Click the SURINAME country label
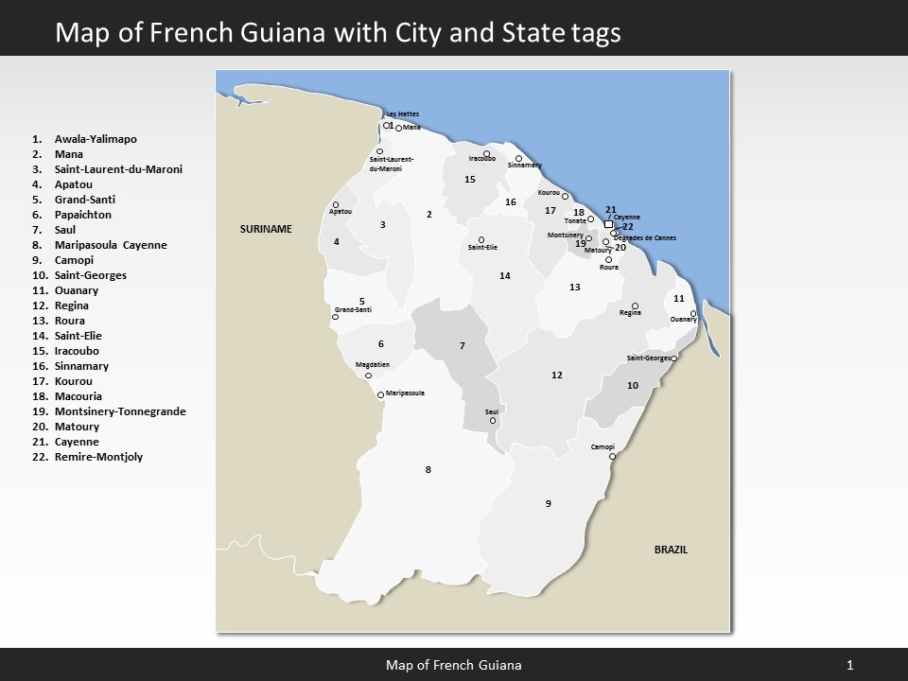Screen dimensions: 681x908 [x=266, y=230]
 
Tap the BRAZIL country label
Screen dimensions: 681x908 [x=671, y=550]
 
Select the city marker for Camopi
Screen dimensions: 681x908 [x=612, y=456]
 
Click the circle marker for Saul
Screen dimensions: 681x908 [x=493, y=421]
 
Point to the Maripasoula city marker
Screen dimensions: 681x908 [x=380, y=394]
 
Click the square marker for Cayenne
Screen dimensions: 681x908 [x=608, y=224]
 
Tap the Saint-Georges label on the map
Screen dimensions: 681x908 [x=648, y=358]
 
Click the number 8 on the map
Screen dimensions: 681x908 [x=428, y=469]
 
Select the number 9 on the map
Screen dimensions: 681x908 [x=548, y=503]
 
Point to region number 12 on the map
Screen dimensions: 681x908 [x=557, y=375]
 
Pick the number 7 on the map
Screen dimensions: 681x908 [x=463, y=346]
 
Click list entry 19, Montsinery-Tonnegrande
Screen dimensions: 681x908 [x=120, y=411]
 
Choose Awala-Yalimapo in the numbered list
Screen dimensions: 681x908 [x=96, y=139]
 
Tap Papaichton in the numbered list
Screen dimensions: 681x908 [x=83, y=215]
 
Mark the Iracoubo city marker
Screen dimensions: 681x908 [x=487, y=153]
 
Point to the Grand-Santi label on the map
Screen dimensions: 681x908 [x=353, y=310]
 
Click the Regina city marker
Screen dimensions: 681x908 [x=635, y=306]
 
